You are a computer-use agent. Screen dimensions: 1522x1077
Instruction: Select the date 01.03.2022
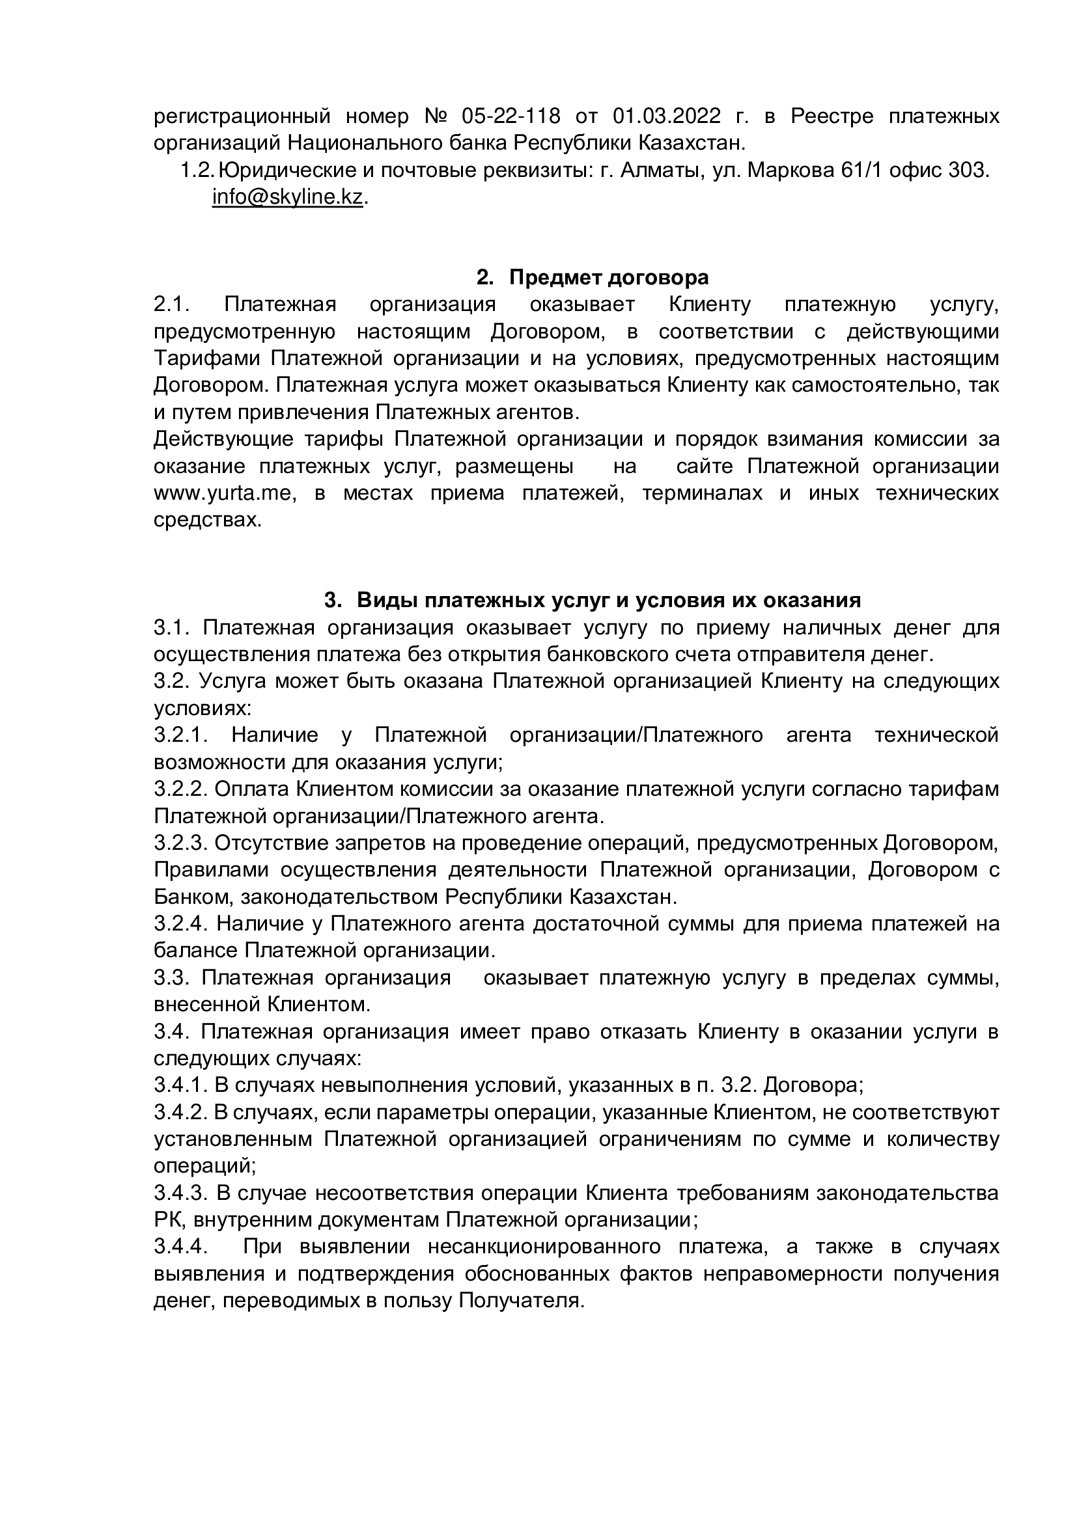pos(667,116)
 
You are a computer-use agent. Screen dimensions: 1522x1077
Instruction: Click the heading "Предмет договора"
pos(609,277)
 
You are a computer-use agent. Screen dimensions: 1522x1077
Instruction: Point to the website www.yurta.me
pos(219,493)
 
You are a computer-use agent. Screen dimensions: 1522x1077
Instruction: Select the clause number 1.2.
pos(197,171)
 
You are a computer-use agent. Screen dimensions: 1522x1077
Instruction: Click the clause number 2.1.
pos(172,305)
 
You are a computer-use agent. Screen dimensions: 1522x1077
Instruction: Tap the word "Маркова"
pos(790,171)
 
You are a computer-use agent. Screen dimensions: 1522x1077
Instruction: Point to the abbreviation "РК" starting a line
pos(167,1219)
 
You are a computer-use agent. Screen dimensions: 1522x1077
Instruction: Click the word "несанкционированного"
pos(544,1246)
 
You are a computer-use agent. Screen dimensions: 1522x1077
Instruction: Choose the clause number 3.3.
pos(172,978)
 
